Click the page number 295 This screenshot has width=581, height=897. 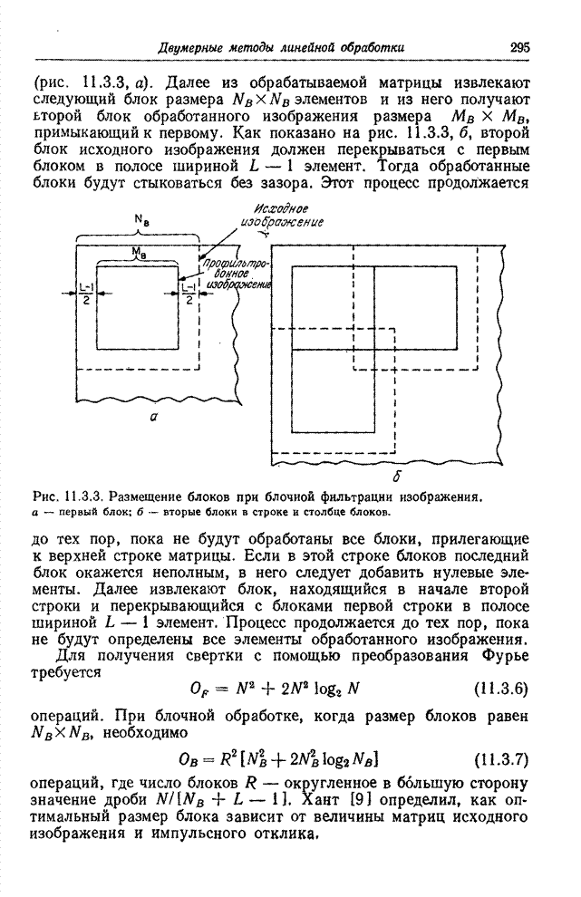point(518,46)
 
